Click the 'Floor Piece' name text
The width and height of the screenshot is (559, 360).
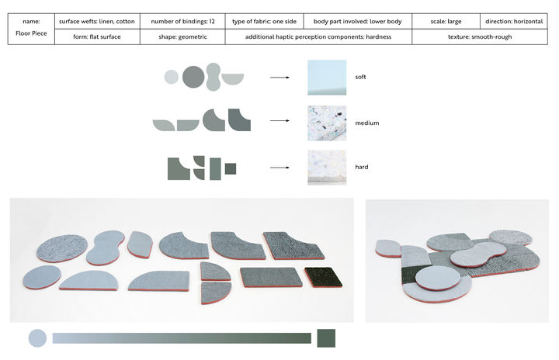31,33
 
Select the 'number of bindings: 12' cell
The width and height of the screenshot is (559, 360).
182,22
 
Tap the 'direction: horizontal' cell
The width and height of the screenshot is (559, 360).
514,22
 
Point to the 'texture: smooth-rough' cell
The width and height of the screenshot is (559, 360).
480,36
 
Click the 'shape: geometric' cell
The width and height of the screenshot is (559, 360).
182,36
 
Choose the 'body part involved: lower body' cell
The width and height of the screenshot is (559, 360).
358,22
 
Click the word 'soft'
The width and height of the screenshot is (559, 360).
360,77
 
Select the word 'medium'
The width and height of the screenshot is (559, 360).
367,123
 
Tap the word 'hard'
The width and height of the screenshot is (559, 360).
362,167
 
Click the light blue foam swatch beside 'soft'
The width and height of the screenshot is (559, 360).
327,78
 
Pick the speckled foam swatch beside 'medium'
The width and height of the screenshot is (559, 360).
327,123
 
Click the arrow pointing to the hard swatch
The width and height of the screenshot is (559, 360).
279,168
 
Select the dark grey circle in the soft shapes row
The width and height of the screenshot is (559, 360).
193,77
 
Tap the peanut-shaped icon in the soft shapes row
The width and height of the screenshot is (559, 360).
214,77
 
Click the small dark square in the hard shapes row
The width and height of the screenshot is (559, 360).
231,168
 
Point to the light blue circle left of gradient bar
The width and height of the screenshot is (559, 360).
37,338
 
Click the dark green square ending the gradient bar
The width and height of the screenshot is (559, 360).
326,338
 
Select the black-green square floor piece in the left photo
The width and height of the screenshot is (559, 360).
324,277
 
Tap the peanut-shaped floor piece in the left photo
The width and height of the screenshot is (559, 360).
105,247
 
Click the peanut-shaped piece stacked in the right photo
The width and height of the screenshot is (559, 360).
478,254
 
